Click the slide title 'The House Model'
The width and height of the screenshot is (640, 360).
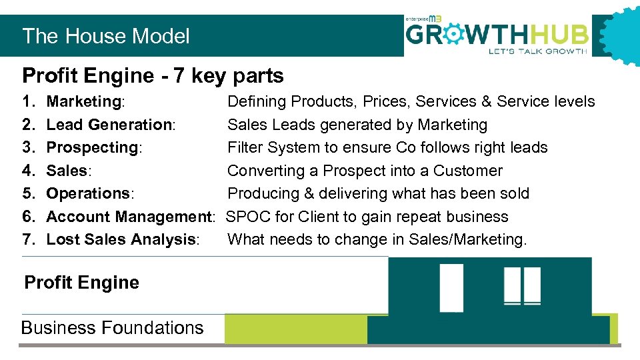coord(106,36)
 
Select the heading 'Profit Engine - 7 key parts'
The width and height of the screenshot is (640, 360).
coord(153,76)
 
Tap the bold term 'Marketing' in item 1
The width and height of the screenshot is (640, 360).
coord(83,101)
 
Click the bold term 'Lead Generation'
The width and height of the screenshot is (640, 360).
coord(109,125)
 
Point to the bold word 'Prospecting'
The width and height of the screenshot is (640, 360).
coord(92,147)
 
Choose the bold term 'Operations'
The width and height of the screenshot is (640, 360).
coord(89,193)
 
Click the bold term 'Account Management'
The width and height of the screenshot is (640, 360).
coord(128,217)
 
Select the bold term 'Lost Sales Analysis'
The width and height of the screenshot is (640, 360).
coord(121,239)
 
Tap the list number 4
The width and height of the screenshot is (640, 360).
coord(27,171)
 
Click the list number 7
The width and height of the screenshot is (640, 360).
coord(27,239)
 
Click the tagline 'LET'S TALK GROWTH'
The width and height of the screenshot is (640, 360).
coord(538,51)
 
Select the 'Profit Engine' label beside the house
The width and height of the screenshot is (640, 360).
coord(82,283)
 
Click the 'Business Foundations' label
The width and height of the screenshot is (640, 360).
coord(112,328)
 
